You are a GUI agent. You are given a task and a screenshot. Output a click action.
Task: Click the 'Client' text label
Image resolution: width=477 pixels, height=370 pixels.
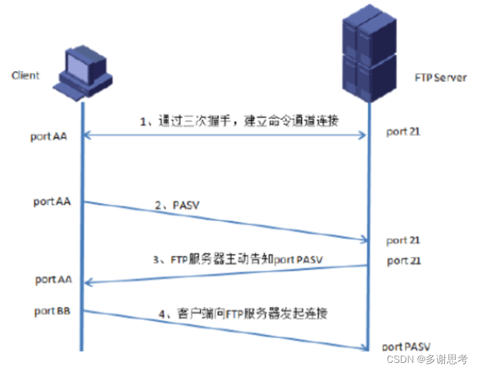click(x=26, y=75)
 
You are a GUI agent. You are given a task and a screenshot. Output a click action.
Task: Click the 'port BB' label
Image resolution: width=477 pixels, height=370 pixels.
click(x=52, y=312)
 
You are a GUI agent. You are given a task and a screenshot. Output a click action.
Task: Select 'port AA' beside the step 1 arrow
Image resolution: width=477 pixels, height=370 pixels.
click(x=49, y=137)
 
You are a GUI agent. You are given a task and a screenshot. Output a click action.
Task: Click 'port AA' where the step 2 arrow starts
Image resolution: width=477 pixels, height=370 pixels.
click(x=52, y=202)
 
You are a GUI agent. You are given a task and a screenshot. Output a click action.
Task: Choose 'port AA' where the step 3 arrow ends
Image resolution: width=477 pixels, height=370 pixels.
click(x=54, y=279)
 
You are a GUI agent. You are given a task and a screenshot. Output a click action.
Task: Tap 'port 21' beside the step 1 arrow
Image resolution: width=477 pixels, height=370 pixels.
click(x=403, y=132)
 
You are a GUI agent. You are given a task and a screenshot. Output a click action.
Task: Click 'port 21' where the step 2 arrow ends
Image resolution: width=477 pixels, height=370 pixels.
click(x=403, y=241)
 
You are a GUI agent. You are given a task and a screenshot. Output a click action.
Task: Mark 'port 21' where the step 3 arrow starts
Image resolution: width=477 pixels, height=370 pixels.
click(x=404, y=261)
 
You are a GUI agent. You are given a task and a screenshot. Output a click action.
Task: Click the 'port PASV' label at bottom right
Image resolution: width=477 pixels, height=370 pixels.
click(x=406, y=346)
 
